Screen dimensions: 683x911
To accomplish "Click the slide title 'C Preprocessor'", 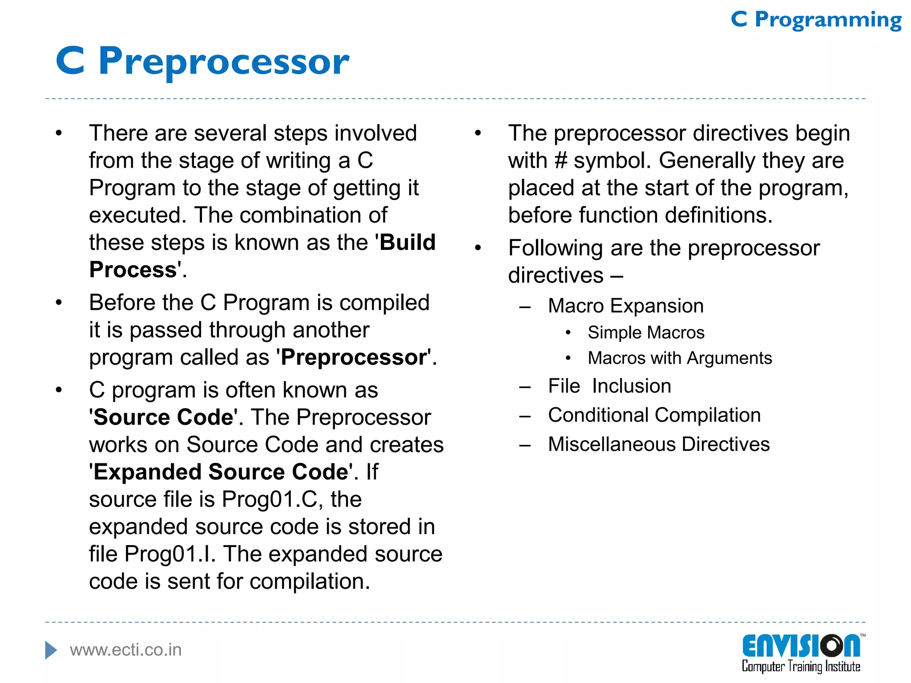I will tap(202, 61).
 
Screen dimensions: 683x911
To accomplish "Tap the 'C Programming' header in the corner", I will tap(816, 20).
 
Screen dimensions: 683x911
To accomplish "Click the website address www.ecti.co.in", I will tap(126, 650).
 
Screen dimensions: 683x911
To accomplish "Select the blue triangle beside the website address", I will tap(51, 650).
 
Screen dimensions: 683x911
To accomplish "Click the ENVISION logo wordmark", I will tap(801, 646).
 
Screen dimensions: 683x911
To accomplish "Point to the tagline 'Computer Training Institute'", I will tap(801, 667).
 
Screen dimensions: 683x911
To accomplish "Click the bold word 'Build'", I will tap(407, 243).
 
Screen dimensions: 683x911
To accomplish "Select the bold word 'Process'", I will tap(133, 270).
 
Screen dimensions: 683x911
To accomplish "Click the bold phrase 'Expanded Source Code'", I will tap(221, 472).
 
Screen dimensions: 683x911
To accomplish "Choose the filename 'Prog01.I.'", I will tap(169, 554).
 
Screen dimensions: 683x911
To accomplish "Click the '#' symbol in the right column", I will tap(561, 161).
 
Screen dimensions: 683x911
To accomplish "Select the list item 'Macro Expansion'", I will tap(625, 306).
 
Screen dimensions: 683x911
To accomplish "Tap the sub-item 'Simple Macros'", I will tap(646, 333).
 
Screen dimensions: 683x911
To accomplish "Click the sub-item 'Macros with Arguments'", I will tap(680, 358).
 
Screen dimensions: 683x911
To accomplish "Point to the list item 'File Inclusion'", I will tap(609, 386).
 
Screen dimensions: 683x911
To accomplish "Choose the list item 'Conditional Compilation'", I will tap(654, 415).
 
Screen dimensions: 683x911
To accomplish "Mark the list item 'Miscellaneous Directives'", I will tap(659, 444).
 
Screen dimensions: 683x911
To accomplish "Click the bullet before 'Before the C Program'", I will tap(59, 303).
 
